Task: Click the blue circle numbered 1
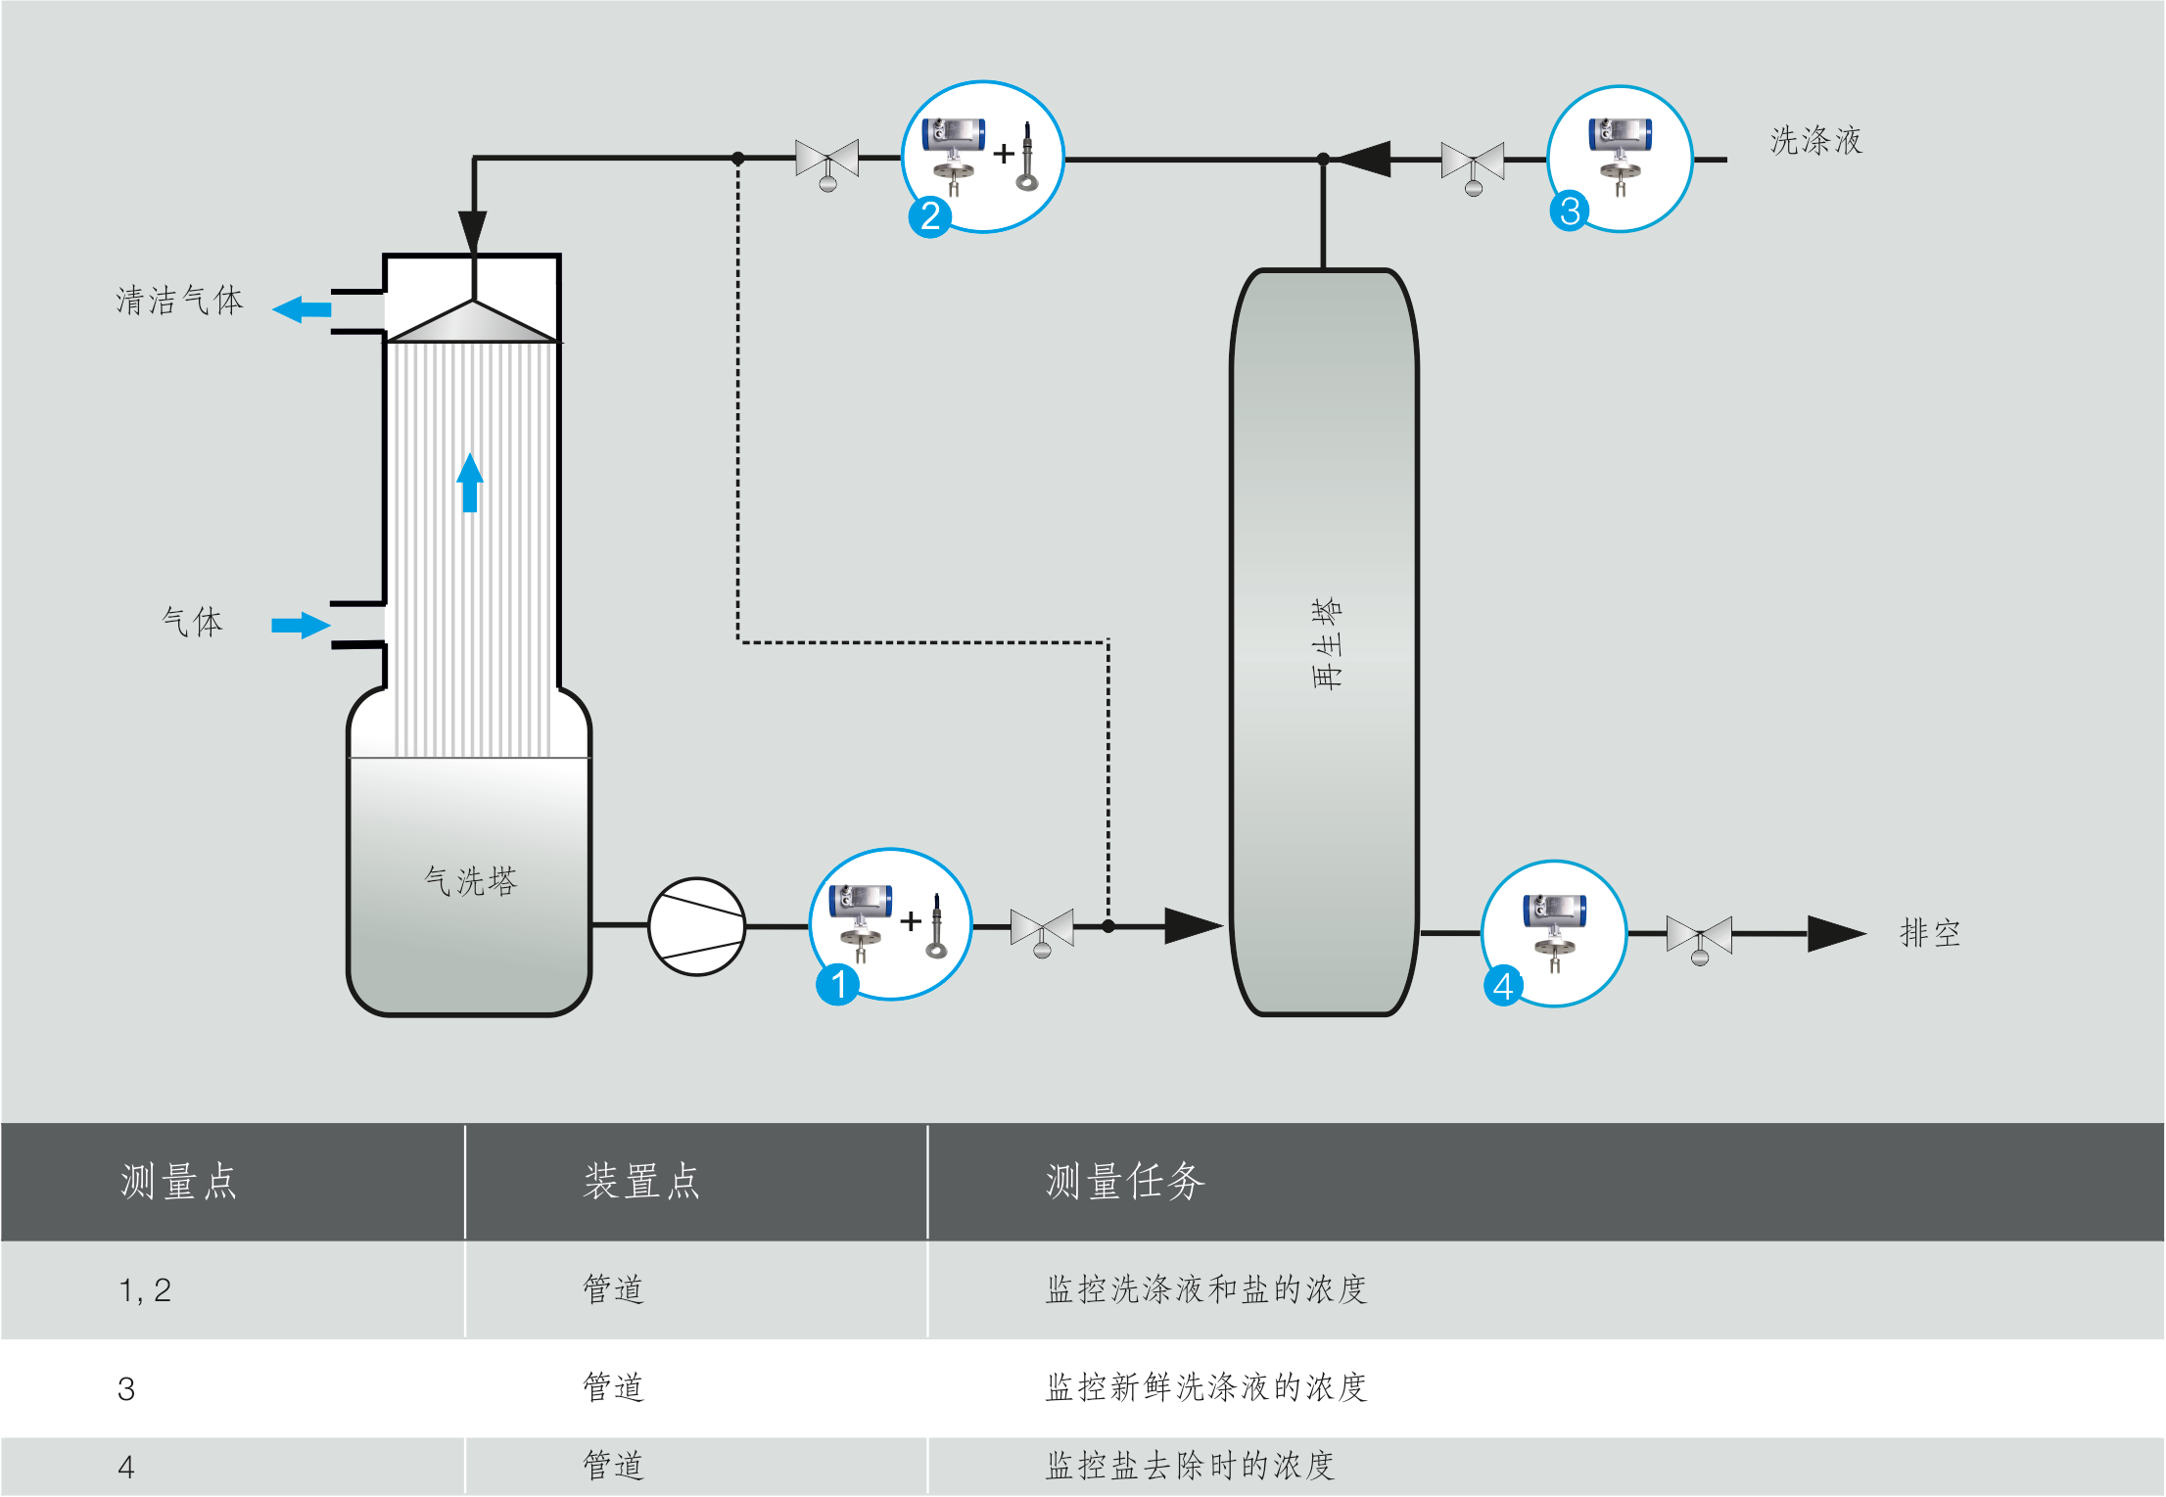pos(837,984)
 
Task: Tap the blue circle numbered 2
pos(929,215)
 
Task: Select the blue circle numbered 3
pos(1570,211)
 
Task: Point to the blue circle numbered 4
pos(1503,986)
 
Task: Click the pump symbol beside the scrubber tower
pos(697,926)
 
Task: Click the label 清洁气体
pos(179,300)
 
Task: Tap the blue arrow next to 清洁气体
pos(302,310)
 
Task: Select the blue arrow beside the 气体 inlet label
pos(301,625)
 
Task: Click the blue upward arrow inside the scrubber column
pos(470,482)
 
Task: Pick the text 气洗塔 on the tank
pos(470,881)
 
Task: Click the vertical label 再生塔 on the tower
pos(1326,644)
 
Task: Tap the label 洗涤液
pos(1815,141)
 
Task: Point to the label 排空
pos(1929,933)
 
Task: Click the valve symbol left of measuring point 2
pos(827,161)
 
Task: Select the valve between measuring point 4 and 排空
pos(1699,937)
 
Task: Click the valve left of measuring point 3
pos(1473,164)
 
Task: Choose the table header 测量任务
pos(1124,1182)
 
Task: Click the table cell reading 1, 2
pos(145,1290)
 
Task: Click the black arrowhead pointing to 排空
pos(1835,933)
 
